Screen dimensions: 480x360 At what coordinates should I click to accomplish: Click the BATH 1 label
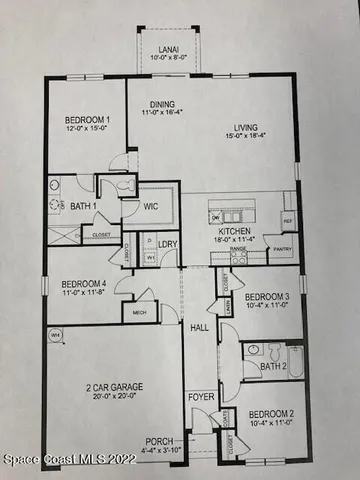[83, 207]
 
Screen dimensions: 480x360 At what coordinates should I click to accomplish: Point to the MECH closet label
[140, 313]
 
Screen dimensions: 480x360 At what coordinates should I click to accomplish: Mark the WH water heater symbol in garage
[56, 336]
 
